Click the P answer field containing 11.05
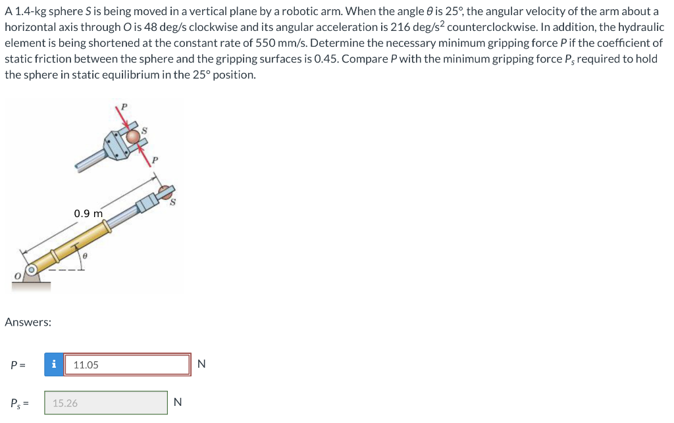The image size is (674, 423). click(127, 364)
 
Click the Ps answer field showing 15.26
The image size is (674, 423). click(106, 403)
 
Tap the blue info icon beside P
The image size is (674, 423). click(54, 364)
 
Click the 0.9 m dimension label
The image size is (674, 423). click(88, 213)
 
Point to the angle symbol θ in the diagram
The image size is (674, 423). click(85, 256)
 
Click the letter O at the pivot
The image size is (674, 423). click(17, 276)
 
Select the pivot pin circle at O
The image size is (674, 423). click(31, 270)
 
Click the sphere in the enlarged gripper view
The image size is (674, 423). click(133, 137)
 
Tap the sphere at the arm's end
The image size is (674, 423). click(165, 191)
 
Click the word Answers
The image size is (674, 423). click(28, 322)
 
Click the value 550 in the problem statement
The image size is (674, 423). click(265, 43)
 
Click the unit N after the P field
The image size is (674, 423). click(201, 364)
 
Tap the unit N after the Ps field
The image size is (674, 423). click(178, 403)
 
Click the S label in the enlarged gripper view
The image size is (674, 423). click(144, 130)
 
